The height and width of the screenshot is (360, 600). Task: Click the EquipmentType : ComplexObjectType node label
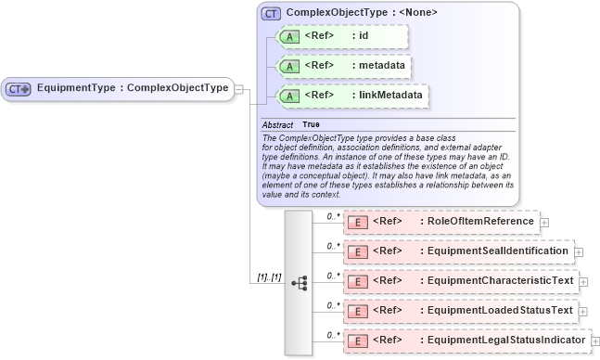[132, 88]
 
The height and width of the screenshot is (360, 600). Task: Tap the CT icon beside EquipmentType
[19, 89]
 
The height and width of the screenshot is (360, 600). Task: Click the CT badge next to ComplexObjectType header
[271, 14]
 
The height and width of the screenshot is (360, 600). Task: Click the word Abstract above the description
[277, 124]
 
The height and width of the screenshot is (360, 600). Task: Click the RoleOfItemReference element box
[440, 222]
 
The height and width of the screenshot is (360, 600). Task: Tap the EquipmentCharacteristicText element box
[460, 280]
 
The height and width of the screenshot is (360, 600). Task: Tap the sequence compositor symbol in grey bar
[299, 282]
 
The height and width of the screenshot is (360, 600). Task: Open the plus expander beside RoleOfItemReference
[544, 223]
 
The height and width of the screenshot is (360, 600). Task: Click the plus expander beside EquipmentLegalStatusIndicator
[594, 341]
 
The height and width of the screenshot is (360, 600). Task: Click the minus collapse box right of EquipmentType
[239, 89]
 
